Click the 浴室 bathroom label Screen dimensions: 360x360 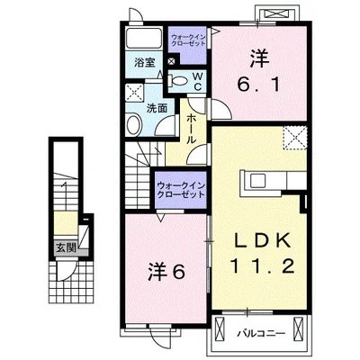pos(145,62)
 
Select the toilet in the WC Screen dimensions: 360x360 pos(178,81)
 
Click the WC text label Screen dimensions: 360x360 pos(198,81)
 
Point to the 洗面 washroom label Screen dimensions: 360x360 pos(157,108)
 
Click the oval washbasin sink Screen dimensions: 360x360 pos(134,125)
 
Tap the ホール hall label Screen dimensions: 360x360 pos(192,129)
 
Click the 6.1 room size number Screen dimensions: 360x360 pos(258,85)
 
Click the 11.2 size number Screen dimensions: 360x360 pos(262,265)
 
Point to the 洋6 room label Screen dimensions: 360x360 pos(166,272)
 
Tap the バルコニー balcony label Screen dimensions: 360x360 pos(260,334)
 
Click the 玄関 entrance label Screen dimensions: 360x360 pos(66,248)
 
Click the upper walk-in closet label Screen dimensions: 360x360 pos(188,40)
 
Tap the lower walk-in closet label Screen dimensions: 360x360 pos(181,190)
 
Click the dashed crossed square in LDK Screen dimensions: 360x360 pos(295,138)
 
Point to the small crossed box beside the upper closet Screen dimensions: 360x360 pos(171,61)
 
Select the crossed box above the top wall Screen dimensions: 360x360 pos(275,13)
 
